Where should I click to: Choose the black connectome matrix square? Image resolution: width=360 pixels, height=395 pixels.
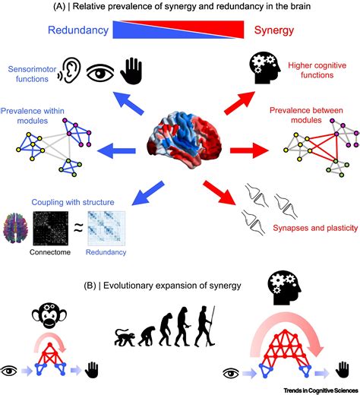pyautogui.click(x=54, y=227)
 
